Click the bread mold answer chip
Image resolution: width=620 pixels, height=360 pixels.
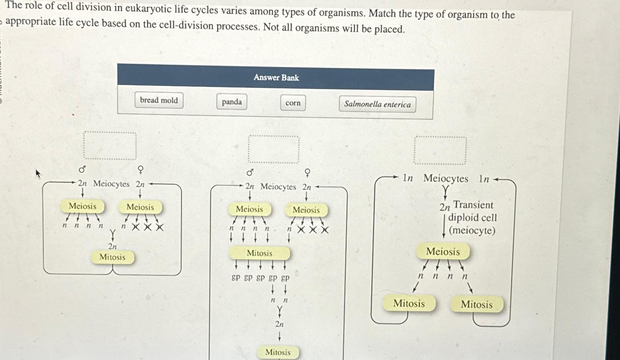click(159, 100)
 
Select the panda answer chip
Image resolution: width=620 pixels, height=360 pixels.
click(232, 102)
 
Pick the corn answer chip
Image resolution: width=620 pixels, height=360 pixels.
click(293, 103)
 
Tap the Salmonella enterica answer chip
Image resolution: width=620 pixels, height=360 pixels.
click(377, 104)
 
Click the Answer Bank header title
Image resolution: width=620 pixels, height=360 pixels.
click(276, 77)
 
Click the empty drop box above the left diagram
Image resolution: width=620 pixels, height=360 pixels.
click(110, 146)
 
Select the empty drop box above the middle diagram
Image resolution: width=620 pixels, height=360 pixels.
click(273, 149)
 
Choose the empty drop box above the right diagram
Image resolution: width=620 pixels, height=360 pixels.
click(440, 151)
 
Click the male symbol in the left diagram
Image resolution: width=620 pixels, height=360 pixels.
click(82, 169)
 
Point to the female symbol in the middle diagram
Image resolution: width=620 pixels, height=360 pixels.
click(308, 173)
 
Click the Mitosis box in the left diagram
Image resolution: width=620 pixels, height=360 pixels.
click(112, 257)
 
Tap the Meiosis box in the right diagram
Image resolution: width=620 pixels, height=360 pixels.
click(443, 252)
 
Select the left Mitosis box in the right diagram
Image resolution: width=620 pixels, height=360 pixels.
click(409, 303)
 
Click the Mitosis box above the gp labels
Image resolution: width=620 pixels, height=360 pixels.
click(259, 253)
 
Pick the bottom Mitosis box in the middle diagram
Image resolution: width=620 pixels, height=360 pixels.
click(278, 352)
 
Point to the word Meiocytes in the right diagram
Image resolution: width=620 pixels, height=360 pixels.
click(446, 179)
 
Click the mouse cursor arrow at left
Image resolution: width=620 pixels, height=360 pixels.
click(38, 173)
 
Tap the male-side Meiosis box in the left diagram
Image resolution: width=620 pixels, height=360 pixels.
click(82, 206)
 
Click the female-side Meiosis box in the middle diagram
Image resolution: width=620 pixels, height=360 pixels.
click(306, 210)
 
